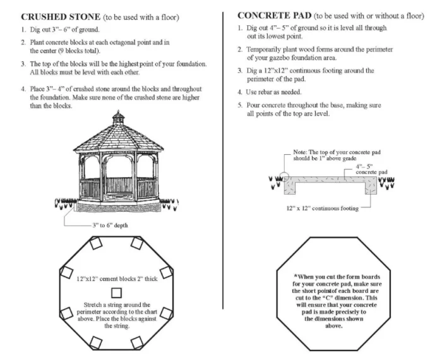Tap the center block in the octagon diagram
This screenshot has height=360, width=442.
click(116, 292)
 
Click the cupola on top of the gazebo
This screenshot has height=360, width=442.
click(119, 118)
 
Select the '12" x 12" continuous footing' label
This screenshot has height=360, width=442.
click(321, 208)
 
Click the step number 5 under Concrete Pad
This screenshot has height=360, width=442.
click(240, 104)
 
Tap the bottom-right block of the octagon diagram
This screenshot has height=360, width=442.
click(138, 342)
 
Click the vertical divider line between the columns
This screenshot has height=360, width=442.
click(224, 158)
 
